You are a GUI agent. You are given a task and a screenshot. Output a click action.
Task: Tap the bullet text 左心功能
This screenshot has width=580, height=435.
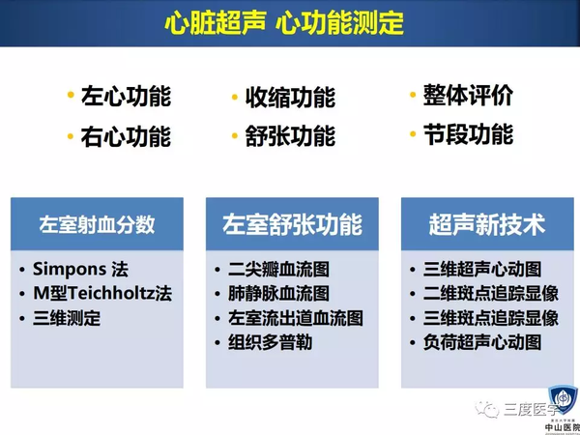click(127, 97)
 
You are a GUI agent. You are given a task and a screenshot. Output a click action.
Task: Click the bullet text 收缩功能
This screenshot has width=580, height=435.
click(290, 98)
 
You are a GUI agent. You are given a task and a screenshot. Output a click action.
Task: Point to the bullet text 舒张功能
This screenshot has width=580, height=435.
click(290, 136)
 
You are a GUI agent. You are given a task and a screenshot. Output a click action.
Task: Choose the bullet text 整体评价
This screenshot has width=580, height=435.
click(468, 96)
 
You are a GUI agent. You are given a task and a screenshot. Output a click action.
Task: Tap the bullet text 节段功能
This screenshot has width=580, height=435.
click(468, 134)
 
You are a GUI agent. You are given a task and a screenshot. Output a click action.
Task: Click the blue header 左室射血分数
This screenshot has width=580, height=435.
click(97, 225)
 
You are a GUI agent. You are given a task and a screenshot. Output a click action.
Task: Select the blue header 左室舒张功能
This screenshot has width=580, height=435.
click(291, 225)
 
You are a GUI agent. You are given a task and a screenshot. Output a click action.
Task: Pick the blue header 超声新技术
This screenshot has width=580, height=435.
click(486, 225)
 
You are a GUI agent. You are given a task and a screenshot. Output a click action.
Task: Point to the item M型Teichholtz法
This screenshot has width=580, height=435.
click(101, 293)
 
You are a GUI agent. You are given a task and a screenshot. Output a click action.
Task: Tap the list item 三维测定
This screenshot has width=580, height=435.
click(67, 318)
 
